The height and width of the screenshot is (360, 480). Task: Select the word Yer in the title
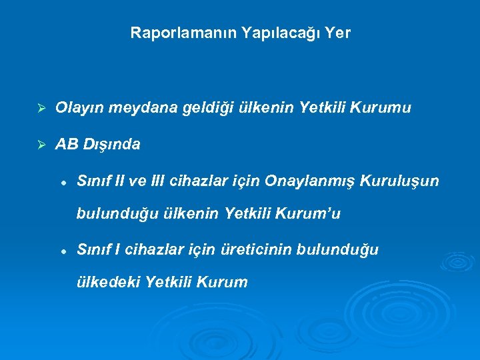(x=339, y=32)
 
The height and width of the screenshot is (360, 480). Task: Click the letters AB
(x=67, y=144)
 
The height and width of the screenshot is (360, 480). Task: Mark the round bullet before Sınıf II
(x=61, y=181)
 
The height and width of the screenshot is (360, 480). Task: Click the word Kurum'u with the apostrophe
(x=309, y=213)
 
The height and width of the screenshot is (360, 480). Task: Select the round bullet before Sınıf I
(x=61, y=251)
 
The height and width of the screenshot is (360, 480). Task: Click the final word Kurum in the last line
(x=226, y=283)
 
